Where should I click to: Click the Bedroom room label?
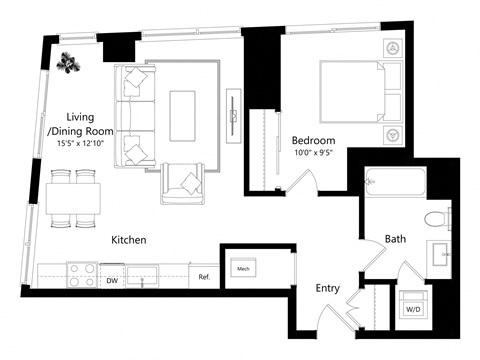click(313, 140)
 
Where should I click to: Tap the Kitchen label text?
click(129, 240)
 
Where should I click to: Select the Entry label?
click(328, 288)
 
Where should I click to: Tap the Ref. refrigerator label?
click(203, 276)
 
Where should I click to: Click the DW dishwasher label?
click(112, 282)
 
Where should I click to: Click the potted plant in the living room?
click(68, 63)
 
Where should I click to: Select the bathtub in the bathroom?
click(396, 184)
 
